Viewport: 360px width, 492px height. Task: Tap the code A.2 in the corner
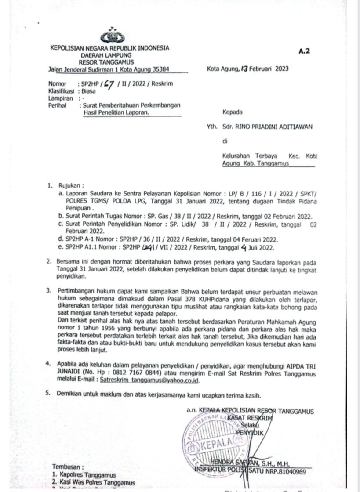(x=304, y=51)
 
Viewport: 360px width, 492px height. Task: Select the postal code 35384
(x=159, y=69)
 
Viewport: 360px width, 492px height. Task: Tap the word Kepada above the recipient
(x=233, y=112)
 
